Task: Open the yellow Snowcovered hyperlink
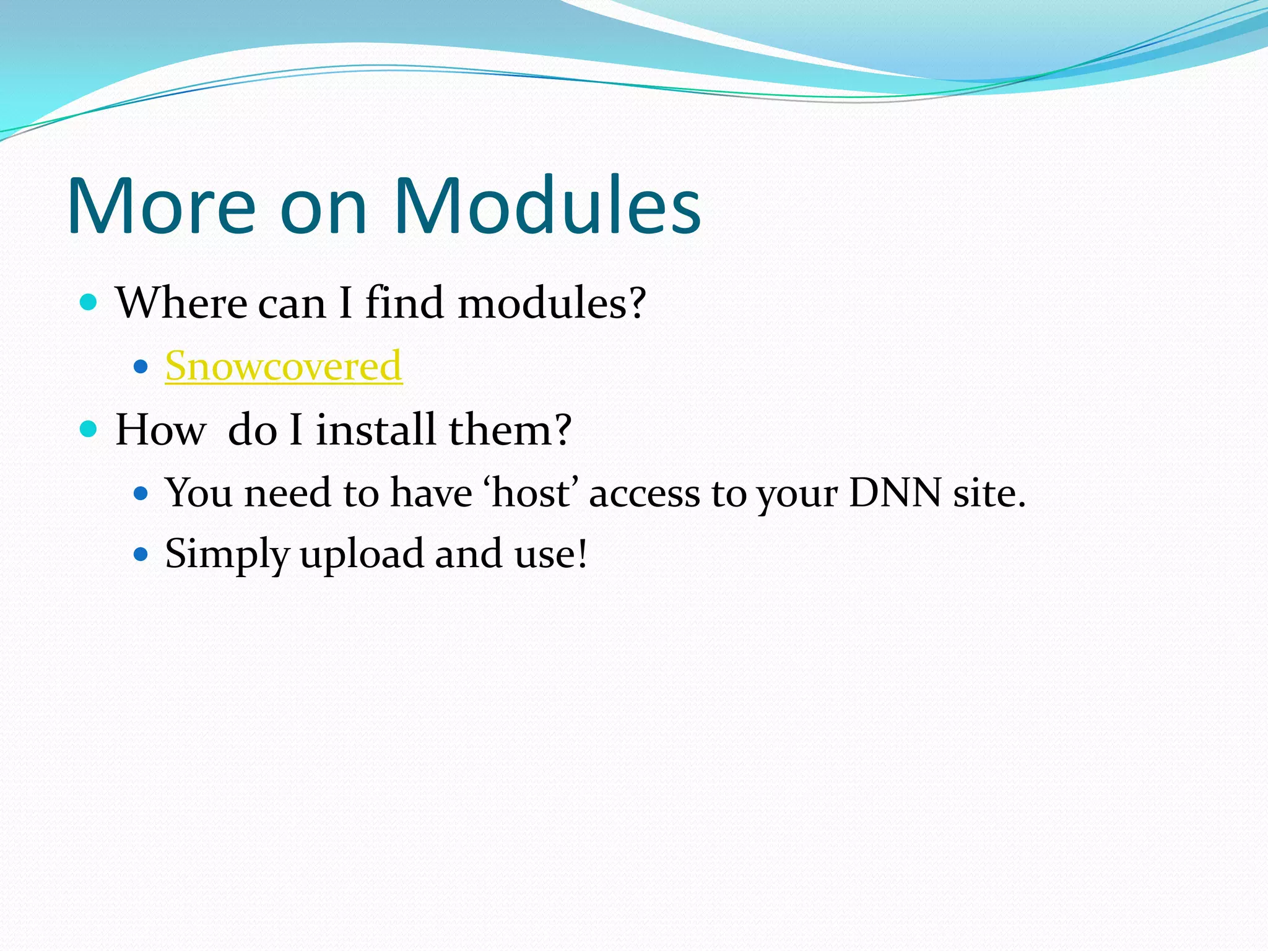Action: pos(284,366)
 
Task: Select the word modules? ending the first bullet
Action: pos(552,303)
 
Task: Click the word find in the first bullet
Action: pos(404,303)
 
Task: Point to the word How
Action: pos(160,430)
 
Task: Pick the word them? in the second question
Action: pos(510,430)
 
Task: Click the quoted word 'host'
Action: pos(532,493)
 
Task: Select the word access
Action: pos(644,493)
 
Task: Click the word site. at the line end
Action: pos(989,493)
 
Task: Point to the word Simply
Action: pos(227,554)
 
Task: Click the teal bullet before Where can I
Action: pos(89,302)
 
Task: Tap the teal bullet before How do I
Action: pos(89,428)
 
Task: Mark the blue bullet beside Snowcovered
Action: pos(141,367)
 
